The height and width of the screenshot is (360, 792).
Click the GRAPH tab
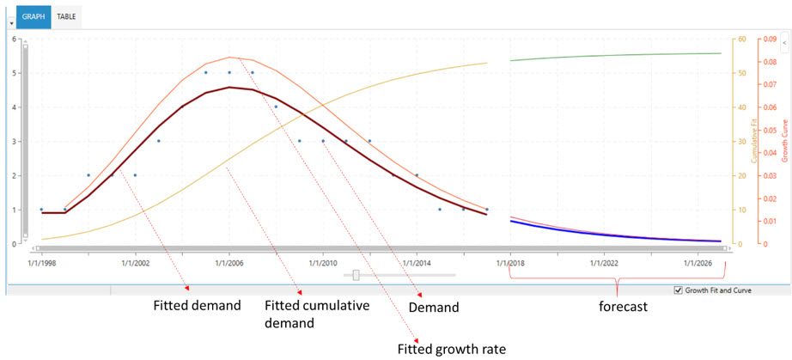coord(34,16)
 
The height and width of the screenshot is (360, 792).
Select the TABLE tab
coord(66,16)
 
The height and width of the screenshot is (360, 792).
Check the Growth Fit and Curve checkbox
coord(679,290)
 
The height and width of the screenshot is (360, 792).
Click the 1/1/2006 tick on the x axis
coord(228,262)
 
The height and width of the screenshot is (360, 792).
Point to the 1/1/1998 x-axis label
coord(41,262)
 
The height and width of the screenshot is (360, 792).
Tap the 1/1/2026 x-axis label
coord(698,262)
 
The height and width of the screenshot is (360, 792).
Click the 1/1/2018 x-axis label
coord(510,262)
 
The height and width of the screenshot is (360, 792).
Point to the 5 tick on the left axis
coord(13,73)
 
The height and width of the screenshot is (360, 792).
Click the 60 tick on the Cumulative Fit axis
coord(740,40)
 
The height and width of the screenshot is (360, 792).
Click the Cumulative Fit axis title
coord(753,142)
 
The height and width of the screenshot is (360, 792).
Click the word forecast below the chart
coord(622,306)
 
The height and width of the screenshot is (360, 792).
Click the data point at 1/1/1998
coord(41,210)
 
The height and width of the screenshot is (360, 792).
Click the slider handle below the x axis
coord(356,276)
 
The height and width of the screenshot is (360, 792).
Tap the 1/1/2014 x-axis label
coord(417,262)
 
